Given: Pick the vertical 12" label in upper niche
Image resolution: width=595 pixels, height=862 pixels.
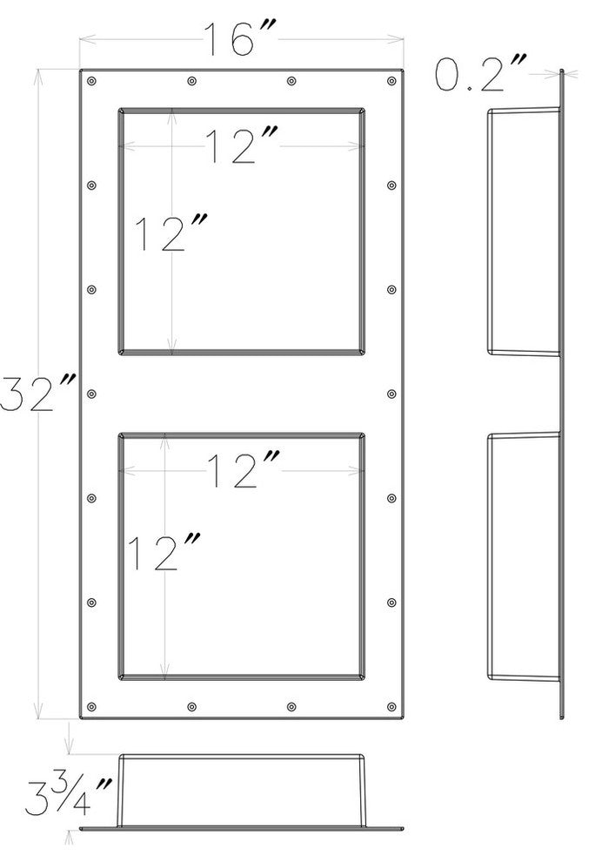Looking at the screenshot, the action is [x=170, y=232].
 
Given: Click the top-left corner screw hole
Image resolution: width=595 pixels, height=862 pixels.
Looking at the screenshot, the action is [x=91, y=81].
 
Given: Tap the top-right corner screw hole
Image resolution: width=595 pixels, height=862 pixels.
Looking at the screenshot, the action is [x=391, y=81].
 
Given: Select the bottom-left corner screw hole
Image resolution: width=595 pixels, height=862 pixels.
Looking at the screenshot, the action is [x=91, y=706].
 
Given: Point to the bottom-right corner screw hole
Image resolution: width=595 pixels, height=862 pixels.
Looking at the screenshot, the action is [x=391, y=706].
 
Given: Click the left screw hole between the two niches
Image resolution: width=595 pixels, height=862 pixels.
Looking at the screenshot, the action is [x=91, y=394].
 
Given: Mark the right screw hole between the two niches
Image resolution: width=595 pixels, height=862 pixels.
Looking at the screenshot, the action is [x=391, y=394].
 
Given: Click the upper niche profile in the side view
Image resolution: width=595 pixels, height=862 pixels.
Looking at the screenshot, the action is [x=489, y=231].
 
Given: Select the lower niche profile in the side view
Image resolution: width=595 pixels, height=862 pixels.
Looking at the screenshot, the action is [x=489, y=556].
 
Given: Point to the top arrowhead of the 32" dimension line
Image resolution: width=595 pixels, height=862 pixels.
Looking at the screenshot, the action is [x=38, y=77].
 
